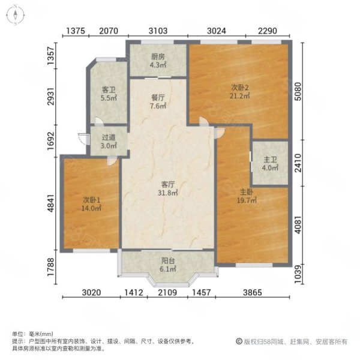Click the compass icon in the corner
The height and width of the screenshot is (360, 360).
[x=16, y=15]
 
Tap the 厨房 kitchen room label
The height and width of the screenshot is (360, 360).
[x=158, y=61]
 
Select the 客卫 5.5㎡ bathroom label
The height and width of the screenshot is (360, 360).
[x=109, y=94]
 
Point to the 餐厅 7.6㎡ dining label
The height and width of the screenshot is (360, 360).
[x=158, y=102]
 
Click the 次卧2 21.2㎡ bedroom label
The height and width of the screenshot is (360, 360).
[x=239, y=91]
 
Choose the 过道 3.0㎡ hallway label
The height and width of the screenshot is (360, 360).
[x=109, y=142]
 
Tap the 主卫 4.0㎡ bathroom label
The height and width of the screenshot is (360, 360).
[x=270, y=163]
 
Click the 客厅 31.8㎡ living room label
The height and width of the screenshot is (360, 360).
[x=168, y=188]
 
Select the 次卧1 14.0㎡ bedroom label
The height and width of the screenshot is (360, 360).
[x=91, y=204]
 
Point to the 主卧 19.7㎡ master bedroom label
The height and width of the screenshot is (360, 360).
[x=247, y=196]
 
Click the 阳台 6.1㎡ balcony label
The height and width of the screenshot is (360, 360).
[x=168, y=265]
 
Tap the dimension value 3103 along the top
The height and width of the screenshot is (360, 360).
[x=158, y=31]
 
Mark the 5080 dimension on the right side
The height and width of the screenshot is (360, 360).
[x=298, y=91]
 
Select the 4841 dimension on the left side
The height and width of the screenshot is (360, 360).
[x=51, y=203]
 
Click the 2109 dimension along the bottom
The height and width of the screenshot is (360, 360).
[x=167, y=293]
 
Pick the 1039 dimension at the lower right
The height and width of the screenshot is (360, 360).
[x=298, y=274]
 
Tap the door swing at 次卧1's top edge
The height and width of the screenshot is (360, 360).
[x=112, y=160]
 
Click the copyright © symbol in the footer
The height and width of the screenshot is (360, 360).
[x=239, y=341]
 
